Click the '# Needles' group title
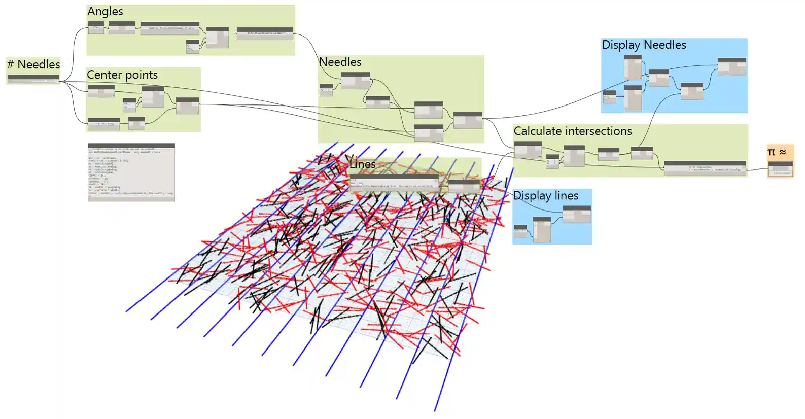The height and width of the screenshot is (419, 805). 33,64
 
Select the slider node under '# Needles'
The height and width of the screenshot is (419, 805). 33,79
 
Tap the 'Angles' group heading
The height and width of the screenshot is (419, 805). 105,11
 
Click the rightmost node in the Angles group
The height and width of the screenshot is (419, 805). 265,33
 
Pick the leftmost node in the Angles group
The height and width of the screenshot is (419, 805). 96,27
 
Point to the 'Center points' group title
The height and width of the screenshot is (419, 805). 122,75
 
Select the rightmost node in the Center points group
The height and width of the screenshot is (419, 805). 187,106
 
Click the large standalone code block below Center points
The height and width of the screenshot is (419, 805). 131,172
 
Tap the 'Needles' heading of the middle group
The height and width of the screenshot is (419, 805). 340,62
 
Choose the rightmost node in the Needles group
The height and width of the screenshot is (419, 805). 468,120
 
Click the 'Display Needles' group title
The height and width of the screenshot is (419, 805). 644,45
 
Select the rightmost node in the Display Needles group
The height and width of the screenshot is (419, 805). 731,66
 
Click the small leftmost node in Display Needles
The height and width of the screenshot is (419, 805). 609,96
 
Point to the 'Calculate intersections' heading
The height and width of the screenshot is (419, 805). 573,131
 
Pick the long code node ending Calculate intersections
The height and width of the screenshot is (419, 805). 705,168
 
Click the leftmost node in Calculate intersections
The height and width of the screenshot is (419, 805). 528,149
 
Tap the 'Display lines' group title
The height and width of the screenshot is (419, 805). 546,196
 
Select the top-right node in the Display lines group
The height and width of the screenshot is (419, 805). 577,214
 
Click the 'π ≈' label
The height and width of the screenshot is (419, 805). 777,152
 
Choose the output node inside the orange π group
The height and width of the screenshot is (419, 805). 780,169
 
